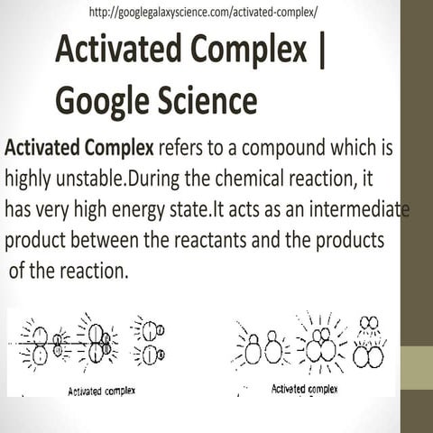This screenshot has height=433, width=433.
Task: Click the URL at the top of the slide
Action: click(x=203, y=13)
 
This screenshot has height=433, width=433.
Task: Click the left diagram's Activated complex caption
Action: click(x=102, y=392)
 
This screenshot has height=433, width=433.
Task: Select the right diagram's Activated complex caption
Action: click(x=304, y=389)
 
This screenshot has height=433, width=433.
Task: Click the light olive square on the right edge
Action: click(x=416, y=371)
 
